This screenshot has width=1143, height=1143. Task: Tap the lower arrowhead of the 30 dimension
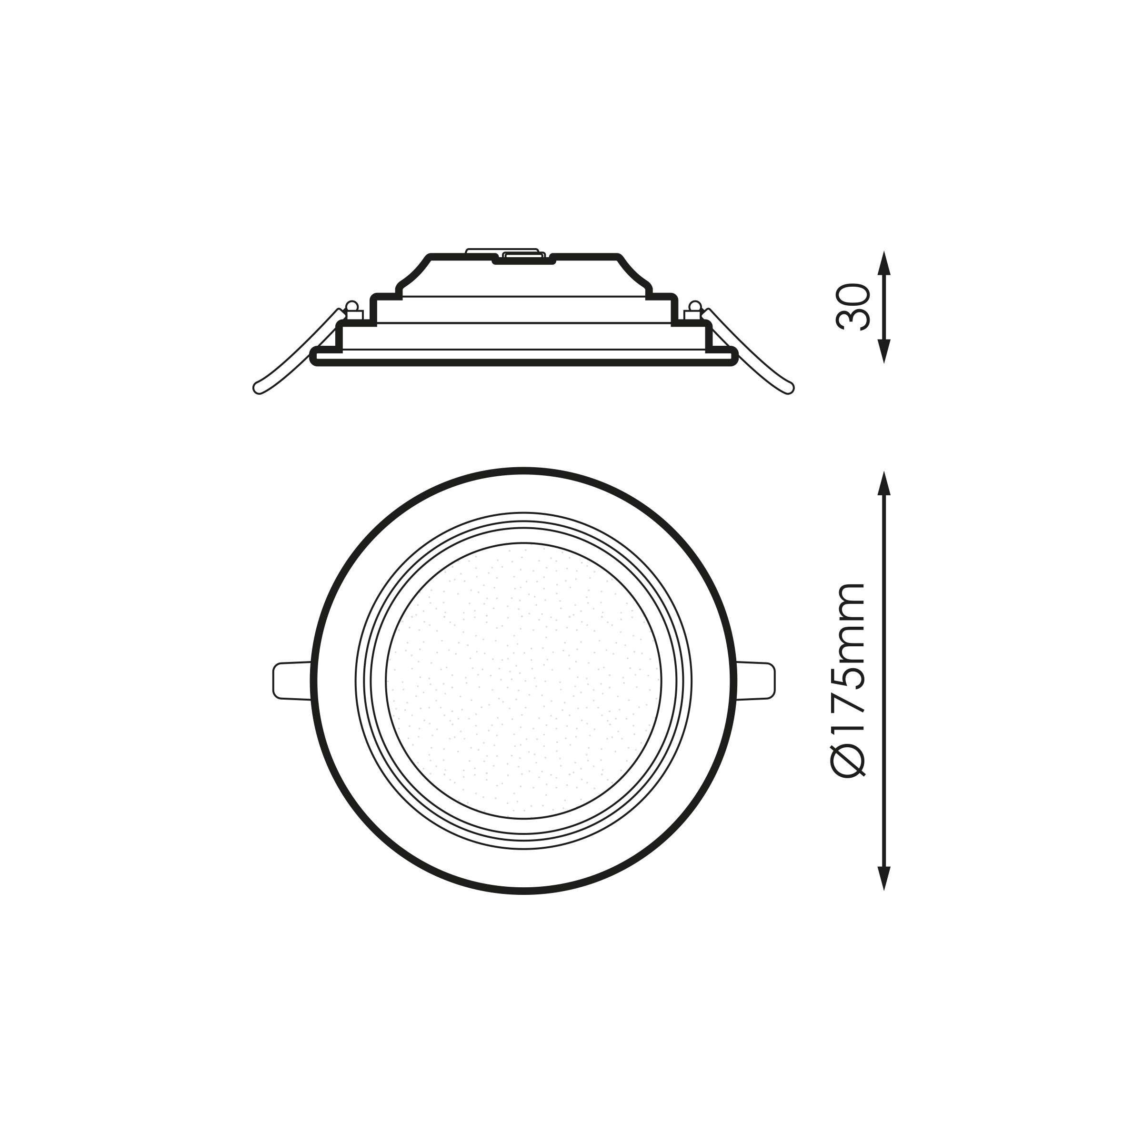(x=884, y=351)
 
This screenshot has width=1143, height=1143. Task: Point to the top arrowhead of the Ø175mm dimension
(x=884, y=483)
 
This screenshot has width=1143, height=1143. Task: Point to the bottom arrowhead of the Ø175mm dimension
(x=884, y=879)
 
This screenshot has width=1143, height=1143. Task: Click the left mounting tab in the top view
(x=291, y=681)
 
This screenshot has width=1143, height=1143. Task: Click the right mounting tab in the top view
(x=755, y=681)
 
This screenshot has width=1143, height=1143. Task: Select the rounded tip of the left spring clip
(x=259, y=388)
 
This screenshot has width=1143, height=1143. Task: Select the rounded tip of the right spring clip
(x=789, y=388)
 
